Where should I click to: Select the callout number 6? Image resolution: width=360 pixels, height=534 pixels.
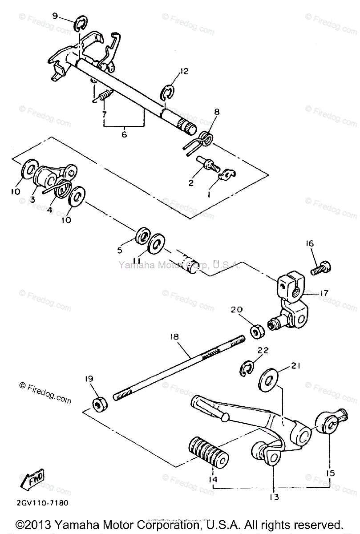click(124, 133)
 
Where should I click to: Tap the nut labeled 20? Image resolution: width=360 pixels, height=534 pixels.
click(256, 332)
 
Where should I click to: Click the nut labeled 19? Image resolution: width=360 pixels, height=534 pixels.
click(99, 405)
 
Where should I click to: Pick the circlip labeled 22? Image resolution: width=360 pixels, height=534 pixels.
click(246, 368)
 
